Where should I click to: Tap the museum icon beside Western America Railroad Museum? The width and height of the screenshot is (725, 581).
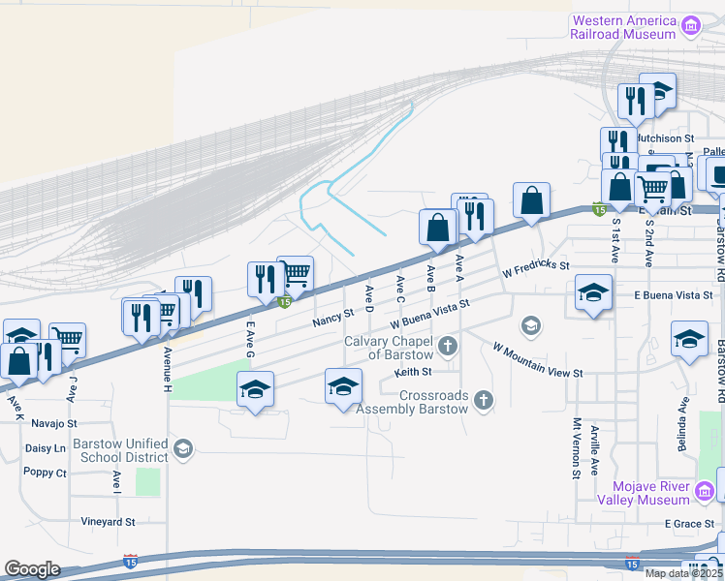(x=691, y=25)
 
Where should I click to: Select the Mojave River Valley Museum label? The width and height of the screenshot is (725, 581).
(x=651, y=493)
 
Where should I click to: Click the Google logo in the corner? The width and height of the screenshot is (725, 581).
(x=32, y=569)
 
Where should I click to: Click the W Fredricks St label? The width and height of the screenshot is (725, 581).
(x=536, y=271)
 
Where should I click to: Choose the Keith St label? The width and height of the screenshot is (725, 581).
(x=413, y=372)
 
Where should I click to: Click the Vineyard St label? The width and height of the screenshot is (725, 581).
(x=108, y=522)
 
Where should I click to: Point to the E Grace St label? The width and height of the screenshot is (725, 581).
(x=688, y=524)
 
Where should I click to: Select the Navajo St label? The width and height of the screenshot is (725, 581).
(x=53, y=424)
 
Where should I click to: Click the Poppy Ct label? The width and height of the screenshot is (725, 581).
(x=47, y=474)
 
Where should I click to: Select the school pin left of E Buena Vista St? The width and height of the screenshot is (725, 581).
(x=593, y=292)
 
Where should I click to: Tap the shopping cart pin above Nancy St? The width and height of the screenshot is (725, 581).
(x=295, y=274)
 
